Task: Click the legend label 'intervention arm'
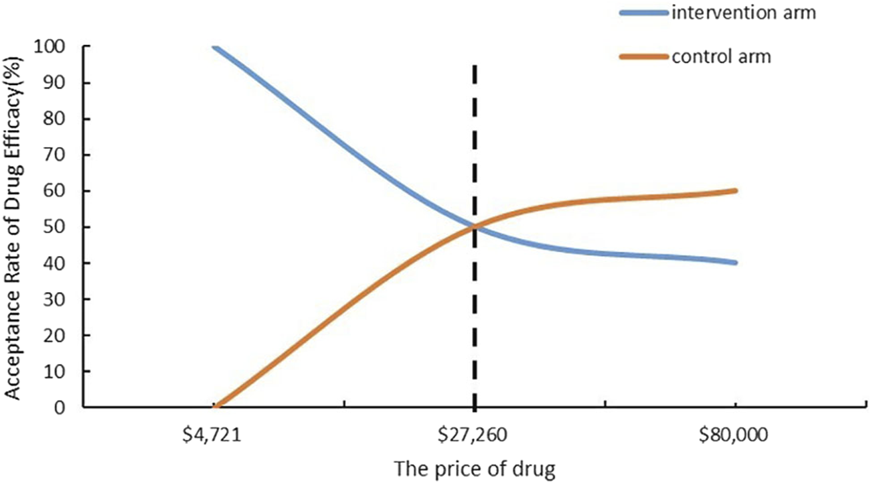tap(744, 13)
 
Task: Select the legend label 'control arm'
tap(722, 57)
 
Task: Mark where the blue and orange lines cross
tap(475, 227)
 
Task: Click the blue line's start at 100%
tap(214, 47)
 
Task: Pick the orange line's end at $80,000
tap(735, 191)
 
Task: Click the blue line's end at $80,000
tap(735, 263)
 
